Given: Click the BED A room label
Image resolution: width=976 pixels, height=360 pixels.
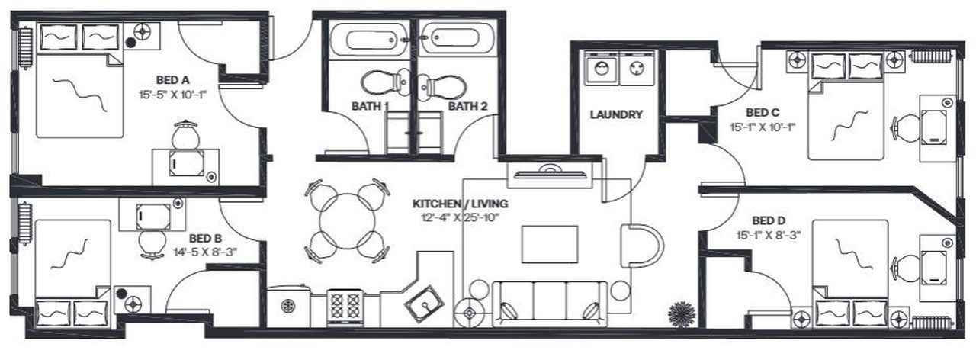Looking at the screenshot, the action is pos(172,80).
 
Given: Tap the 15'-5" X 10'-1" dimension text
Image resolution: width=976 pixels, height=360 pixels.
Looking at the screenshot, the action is pos(172,95).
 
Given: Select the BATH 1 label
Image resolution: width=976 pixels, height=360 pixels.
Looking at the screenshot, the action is pos(370,106).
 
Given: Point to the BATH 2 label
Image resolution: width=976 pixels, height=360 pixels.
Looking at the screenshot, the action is pos(468,106).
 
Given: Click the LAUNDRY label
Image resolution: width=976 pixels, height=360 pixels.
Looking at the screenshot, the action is pos(616,114).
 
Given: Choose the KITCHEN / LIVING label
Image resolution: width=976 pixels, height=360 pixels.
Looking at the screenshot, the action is pos(460,204).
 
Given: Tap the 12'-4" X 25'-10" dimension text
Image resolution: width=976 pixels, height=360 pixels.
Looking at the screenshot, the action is pos(460,217).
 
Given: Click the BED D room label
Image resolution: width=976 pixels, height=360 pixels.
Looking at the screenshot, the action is pos(769,221).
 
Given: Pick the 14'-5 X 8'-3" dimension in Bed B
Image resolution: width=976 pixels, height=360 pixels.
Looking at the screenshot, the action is pos(205,252).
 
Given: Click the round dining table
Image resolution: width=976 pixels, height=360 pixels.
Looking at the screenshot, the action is pos(347,221).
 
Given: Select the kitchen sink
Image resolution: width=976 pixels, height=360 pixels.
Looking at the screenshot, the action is pos(425,304).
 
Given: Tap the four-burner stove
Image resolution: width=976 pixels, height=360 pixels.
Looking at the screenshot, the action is pos(345,307).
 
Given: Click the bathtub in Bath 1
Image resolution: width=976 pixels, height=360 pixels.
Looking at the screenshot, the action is pos(370,40).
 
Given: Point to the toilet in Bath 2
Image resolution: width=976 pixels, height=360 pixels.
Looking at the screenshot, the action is pos(441,86).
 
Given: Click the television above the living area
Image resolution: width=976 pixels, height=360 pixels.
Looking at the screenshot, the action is pos(550,173).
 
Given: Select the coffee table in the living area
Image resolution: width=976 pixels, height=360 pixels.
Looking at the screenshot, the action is pos(550,244).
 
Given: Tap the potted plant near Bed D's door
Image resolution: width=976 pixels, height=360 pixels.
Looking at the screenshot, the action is pos(682,313).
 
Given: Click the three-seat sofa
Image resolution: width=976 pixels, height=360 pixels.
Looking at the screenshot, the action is pos(550,304).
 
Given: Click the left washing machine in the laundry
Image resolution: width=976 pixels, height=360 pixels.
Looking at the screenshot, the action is pos(602,68).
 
